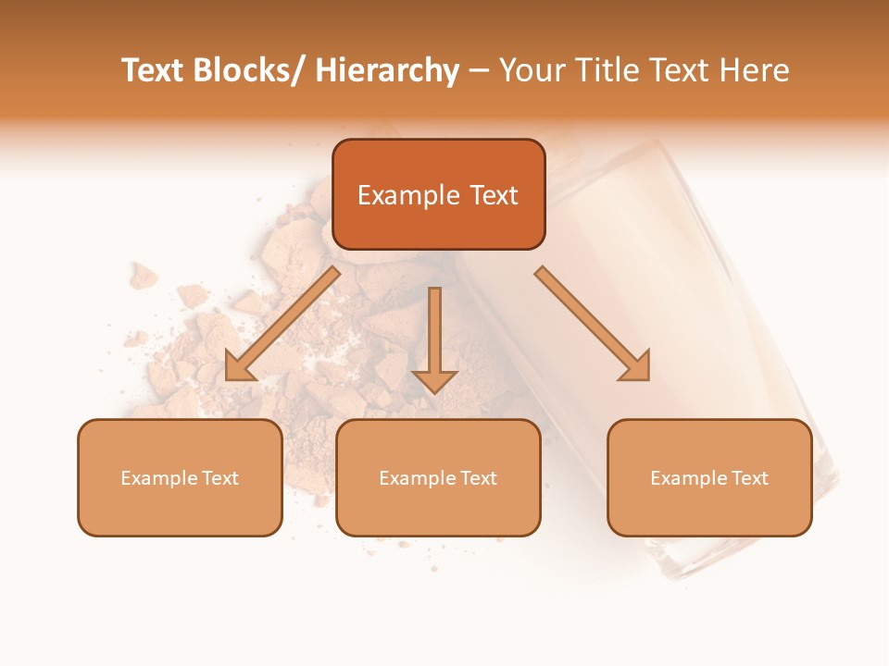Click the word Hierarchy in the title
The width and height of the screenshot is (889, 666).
pyautogui.click(x=386, y=70)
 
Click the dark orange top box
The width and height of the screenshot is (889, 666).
pyautogui.click(x=438, y=194)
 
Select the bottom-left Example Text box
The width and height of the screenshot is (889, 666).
pyautogui.click(x=180, y=477)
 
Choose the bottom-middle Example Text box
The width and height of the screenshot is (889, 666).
pyautogui.click(x=438, y=477)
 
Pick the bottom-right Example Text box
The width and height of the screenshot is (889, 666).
pyautogui.click(x=709, y=477)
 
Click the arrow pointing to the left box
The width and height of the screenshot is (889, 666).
pyautogui.click(x=282, y=324)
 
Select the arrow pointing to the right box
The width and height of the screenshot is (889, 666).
pyautogui.click(x=593, y=324)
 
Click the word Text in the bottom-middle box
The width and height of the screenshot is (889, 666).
pyautogui.click(x=479, y=478)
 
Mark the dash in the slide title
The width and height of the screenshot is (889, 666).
pyautogui.click(x=479, y=70)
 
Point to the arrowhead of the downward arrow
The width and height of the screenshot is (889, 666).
pyautogui.click(x=434, y=381)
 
